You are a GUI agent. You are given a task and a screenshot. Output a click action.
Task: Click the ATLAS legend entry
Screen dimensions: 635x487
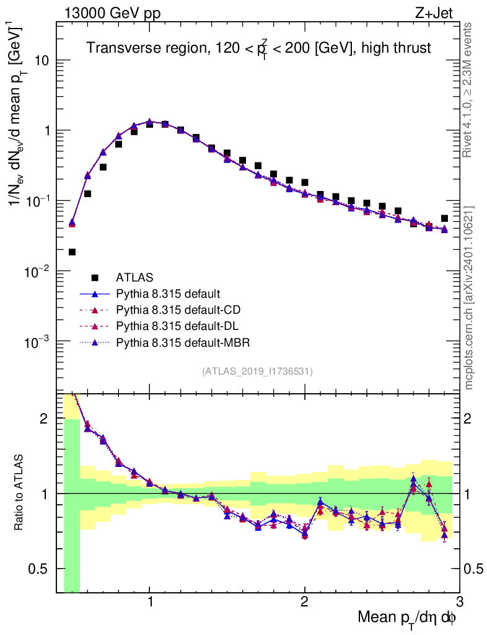pyautogui.click(x=134, y=277)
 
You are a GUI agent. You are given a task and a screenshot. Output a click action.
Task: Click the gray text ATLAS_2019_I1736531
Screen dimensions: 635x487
pyautogui.click(x=257, y=372)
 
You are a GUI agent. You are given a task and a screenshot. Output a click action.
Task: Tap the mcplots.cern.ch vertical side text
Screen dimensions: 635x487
pyautogui.click(x=469, y=298)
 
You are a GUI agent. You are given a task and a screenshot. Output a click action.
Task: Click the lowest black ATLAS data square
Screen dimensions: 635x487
pyautogui.click(x=72, y=252)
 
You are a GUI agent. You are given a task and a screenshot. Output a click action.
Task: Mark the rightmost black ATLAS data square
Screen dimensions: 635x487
pyautogui.click(x=444, y=218)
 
